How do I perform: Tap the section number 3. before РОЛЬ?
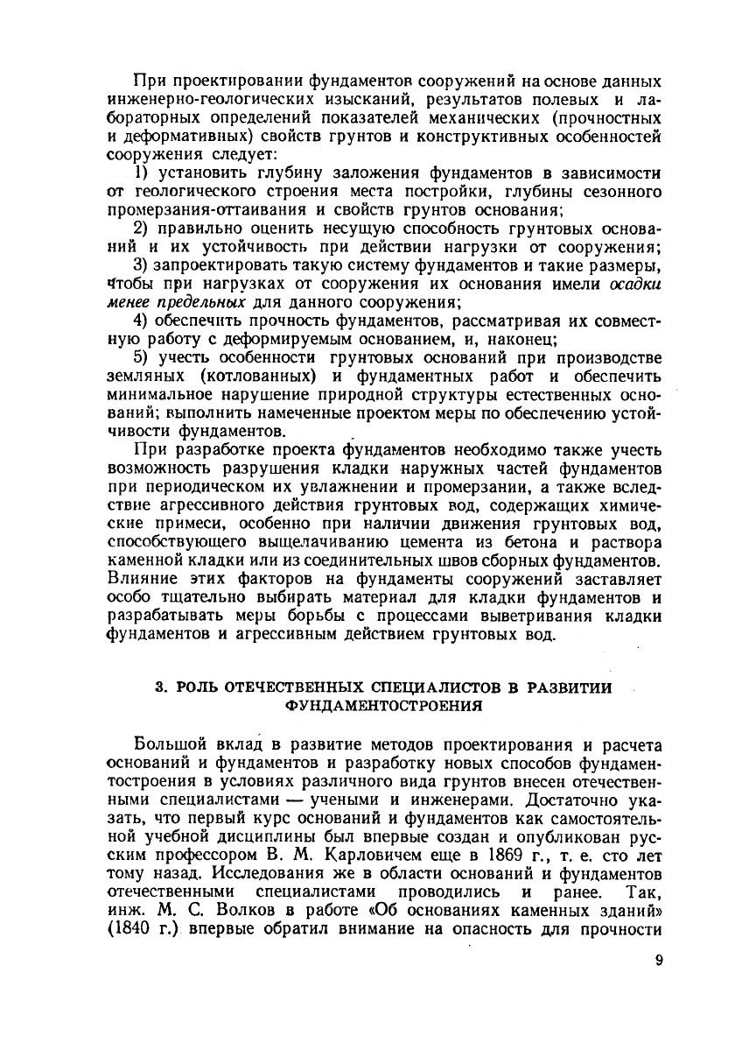click(158, 687)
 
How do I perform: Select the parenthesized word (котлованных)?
click(257, 377)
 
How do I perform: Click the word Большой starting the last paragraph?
click(171, 745)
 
